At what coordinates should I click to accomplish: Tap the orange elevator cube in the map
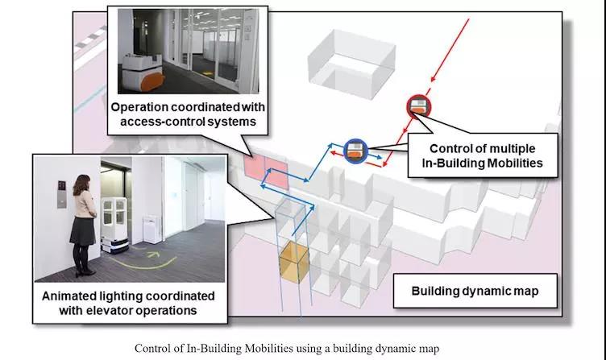click(293, 263)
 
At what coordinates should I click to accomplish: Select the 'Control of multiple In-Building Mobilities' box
click(483, 155)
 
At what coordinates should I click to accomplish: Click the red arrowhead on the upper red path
click(434, 78)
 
